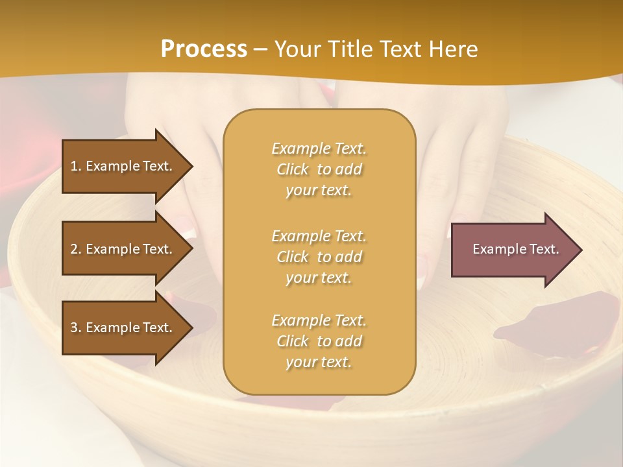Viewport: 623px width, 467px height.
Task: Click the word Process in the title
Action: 204,49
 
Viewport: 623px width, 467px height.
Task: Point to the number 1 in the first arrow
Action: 75,166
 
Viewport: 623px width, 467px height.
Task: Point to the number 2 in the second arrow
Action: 75,249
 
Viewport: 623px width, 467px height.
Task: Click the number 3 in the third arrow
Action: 75,328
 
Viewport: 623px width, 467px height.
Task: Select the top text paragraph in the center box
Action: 319,169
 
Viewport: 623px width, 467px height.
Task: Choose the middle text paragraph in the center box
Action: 319,256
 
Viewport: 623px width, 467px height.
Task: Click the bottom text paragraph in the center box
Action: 319,341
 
